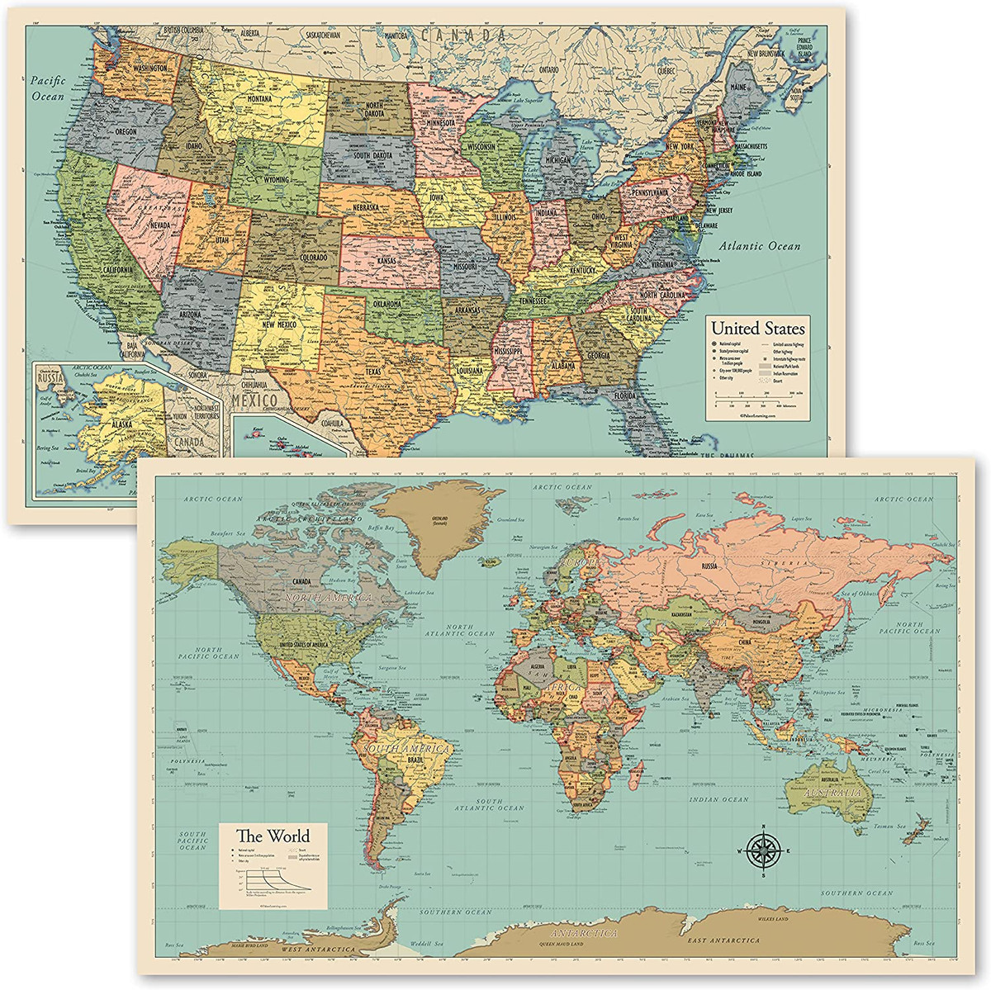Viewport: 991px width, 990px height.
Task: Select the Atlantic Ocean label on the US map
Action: point(759,246)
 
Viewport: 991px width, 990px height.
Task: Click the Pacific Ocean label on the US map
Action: point(47,88)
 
